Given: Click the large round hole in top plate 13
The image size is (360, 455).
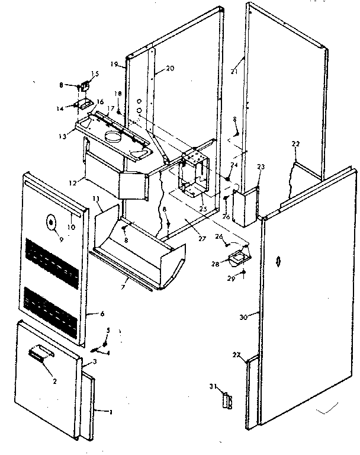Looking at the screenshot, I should click(113, 137).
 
